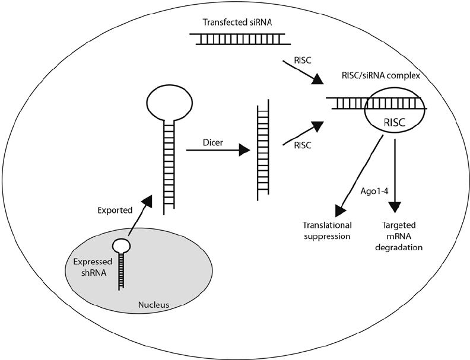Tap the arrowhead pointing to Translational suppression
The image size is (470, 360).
pyautogui.click(x=341, y=212)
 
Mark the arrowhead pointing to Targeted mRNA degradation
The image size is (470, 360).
pyautogui.click(x=394, y=209)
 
